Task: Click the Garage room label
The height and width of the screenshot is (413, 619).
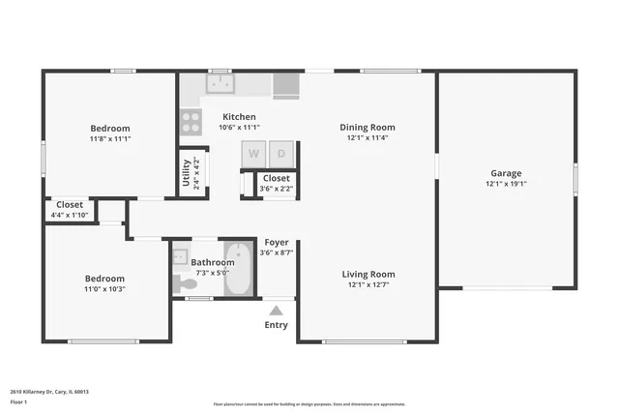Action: [x=506, y=173]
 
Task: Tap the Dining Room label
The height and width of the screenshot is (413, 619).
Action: [x=368, y=127]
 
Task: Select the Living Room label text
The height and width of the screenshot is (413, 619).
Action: [x=368, y=274]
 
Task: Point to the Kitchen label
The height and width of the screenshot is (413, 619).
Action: [x=239, y=116]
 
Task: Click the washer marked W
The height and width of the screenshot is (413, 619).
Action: [x=254, y=153]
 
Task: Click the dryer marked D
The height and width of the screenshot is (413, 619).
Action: [x=281, y=153]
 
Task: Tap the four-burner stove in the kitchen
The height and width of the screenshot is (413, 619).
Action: [x=191, y=122]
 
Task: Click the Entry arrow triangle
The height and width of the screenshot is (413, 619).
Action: [x=276, y=310]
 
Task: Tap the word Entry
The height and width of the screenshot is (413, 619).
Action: [x=276, y=325]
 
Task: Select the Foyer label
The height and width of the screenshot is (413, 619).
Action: [x=277, y=242]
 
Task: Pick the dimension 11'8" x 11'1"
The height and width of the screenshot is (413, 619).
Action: [x=110, y=139]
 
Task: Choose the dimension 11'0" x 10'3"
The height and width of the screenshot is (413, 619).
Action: [x=103, y=289]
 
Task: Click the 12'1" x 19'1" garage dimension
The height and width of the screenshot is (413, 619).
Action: [x=506, y=184]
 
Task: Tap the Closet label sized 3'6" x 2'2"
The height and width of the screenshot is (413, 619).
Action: [x=276, y=178]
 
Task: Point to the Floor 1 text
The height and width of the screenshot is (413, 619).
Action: [x=18, y=401]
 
